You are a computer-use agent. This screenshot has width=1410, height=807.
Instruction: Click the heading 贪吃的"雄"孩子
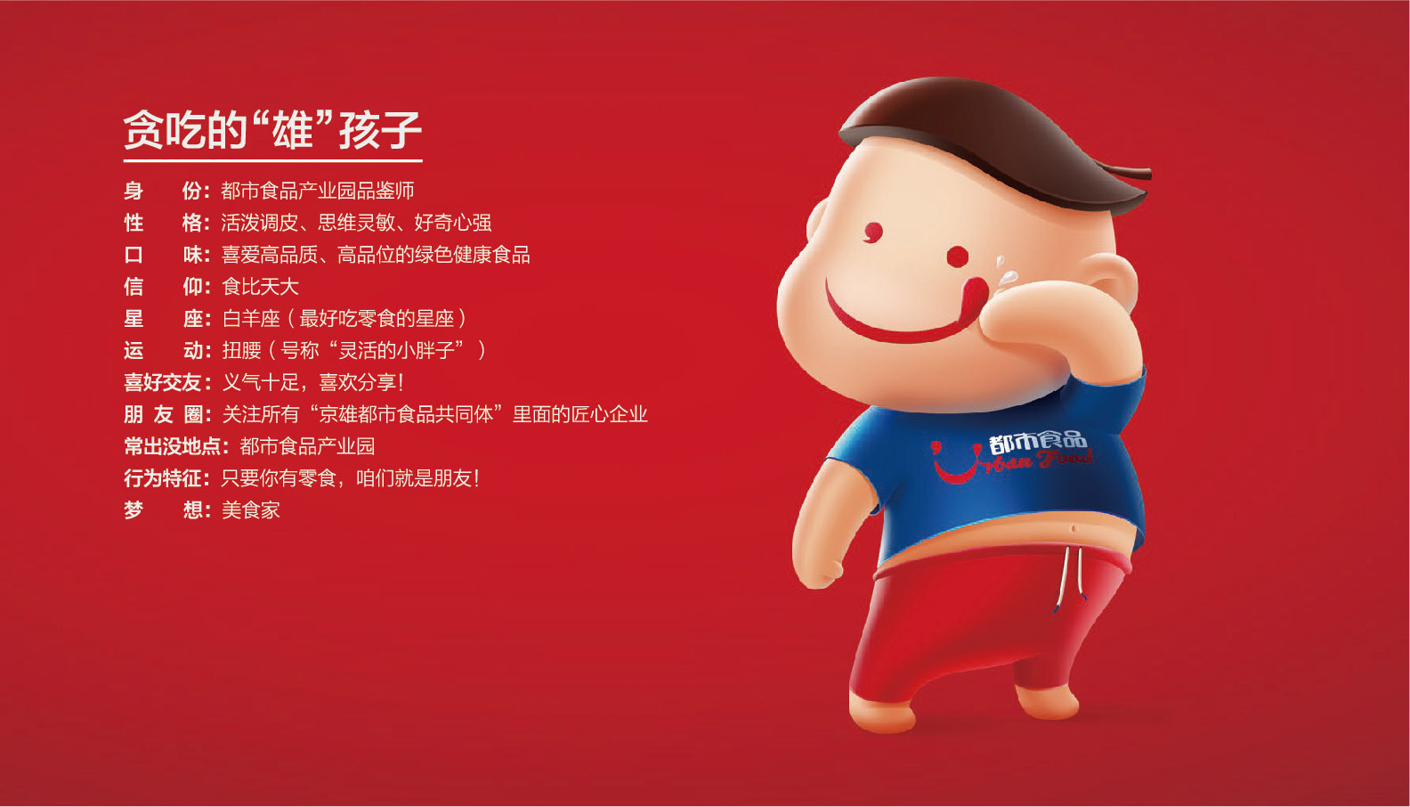pos(271,130)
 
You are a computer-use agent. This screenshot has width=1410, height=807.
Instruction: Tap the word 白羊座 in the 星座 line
pos(251,319)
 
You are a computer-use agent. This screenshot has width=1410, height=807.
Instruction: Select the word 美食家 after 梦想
pos(250,510)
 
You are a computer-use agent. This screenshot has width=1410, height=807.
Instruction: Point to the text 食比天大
pos(260,287)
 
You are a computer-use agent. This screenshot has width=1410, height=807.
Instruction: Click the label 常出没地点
pos(176,446)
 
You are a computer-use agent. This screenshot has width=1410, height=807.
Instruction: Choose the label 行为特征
pos(166,479)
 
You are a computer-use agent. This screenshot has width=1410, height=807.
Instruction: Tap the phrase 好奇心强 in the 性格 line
pos(452,223)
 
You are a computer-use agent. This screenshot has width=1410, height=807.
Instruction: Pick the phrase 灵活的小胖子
pos(397,350)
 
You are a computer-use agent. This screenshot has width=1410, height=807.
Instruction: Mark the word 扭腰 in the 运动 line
pos(242,350)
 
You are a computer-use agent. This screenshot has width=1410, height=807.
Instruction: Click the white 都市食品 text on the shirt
pos(1037,442)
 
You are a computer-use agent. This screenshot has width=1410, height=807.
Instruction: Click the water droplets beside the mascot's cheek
pos(1005,271)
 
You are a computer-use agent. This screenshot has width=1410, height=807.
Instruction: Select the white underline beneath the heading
pos(272,161)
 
